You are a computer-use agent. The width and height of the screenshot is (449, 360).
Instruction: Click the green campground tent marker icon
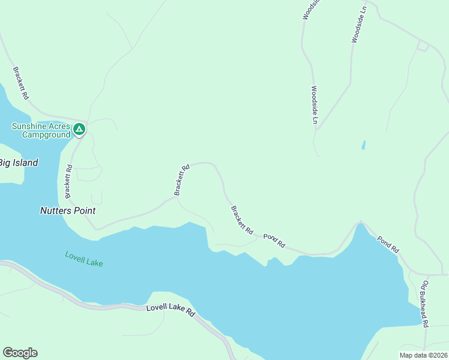(79, 129)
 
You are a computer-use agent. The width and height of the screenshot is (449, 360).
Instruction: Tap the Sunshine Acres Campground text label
(41, 130)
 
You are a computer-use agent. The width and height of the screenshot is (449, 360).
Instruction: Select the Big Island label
(18, 163)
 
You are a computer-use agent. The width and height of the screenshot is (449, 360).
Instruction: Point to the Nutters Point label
(68, 211)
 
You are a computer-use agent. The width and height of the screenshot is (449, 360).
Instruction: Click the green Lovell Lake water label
(84, 259)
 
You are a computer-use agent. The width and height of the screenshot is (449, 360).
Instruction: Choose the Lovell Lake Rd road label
(171, 311)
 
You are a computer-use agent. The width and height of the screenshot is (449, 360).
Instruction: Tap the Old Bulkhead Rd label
(424, 303)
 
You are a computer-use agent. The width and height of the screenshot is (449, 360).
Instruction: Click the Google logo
(20, 352)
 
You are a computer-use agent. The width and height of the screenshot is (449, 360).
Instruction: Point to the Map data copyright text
(423, 355)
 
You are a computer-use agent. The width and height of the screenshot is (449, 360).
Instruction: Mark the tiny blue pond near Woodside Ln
(363, 145)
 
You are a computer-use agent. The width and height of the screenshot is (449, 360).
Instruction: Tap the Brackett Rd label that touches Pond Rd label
(242, 220)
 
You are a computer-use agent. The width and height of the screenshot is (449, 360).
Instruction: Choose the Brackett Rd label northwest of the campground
(20, 83)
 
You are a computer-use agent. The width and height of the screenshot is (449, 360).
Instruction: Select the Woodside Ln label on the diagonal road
(358, 25)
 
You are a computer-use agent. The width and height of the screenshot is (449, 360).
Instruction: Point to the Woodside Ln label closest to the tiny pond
(313, 104)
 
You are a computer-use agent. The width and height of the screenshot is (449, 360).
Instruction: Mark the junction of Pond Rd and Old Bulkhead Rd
(411, 274)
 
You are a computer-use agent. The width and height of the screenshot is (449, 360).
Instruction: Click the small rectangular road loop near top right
(423, 46)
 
